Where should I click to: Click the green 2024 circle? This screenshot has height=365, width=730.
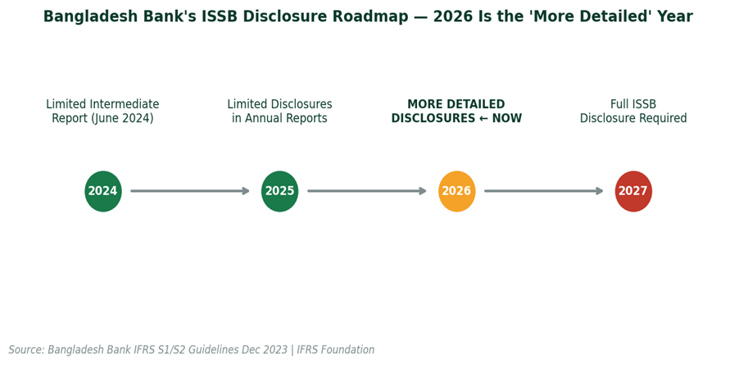[x=103, y=191]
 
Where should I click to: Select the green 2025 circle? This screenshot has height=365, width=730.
[x=279, y=191]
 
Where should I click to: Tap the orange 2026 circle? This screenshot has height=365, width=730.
[x=456, y=191]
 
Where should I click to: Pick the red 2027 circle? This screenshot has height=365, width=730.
[x=633, y=191]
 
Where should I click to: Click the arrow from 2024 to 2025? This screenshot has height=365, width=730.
[x=190, y=191]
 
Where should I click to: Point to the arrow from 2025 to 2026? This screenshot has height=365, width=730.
[x=367, y=191]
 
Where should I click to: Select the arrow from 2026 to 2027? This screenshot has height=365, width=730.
[x=544, y=191]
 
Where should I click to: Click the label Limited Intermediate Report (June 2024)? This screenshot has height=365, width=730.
[x=102, y=112]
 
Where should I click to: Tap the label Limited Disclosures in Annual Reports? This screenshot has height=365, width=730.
[x=279, y=112]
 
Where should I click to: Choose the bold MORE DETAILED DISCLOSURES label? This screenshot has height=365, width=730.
[x=456, y=112]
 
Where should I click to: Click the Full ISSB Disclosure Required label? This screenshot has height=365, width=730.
[x=633, y=112]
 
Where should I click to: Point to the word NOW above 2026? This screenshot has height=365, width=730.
[x=507, y=119]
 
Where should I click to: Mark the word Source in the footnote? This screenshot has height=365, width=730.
[x=26, y=350]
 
